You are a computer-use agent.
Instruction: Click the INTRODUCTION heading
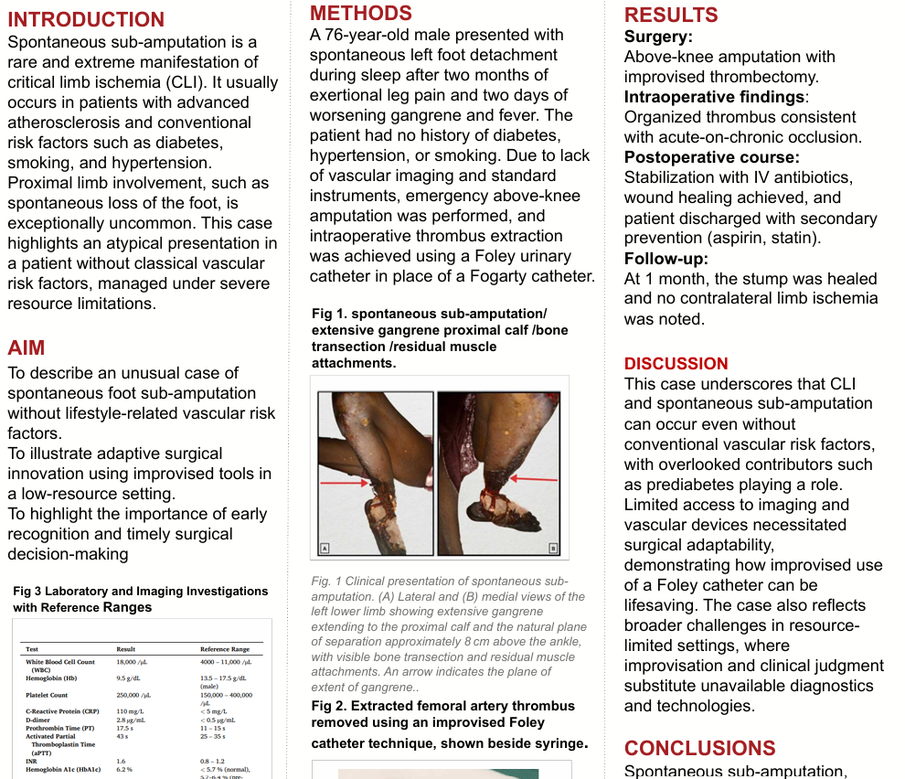[x=86, y=20]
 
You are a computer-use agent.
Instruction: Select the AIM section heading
[x=27, y=347]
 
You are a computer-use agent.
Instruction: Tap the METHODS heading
[x=361, y=13]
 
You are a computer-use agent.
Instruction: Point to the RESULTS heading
[x=671, y=15]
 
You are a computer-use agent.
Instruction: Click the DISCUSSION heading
[x=676, y=364]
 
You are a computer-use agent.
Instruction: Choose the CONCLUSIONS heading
[x=699, y=749]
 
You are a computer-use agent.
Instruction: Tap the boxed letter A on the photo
[x=324, y=549]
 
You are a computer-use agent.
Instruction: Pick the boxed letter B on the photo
[x=553, y=549]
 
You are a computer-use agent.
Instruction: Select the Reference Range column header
[x=225, y=649]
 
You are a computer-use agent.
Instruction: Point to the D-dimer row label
[x=40, y=720]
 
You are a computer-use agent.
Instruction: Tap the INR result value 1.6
[x=121, y=761]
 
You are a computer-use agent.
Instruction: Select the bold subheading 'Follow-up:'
[x=666, y=259]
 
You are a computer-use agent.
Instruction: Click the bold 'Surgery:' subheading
[x=658, y=37]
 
